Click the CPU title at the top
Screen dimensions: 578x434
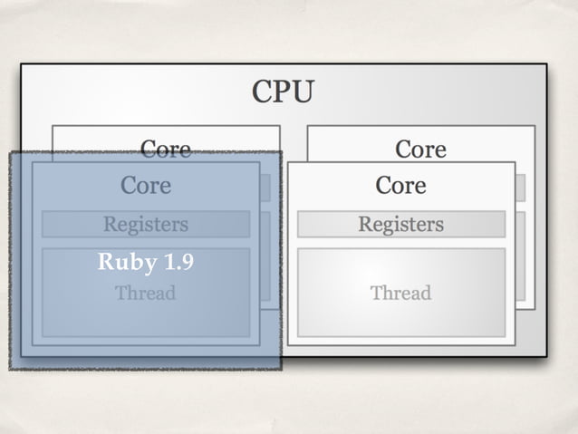283,92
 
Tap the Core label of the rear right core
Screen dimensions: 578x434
420,149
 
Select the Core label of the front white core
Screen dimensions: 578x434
400,186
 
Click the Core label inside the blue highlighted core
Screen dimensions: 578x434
146,186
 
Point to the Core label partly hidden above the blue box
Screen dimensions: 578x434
165,148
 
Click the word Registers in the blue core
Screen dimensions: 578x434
146,224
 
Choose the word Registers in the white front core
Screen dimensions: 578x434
400,224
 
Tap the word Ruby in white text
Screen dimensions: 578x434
126,263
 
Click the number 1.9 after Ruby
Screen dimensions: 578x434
178,263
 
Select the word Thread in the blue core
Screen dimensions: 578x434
146,294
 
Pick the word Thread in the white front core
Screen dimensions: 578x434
400,294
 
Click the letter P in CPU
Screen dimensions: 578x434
283,92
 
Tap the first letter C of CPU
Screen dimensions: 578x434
262,92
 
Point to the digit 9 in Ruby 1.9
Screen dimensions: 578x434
187,263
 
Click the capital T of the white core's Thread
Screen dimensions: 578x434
375,294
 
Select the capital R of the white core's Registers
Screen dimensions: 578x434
364,224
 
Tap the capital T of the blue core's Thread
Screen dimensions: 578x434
120,294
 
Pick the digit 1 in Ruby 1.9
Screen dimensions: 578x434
170,263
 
